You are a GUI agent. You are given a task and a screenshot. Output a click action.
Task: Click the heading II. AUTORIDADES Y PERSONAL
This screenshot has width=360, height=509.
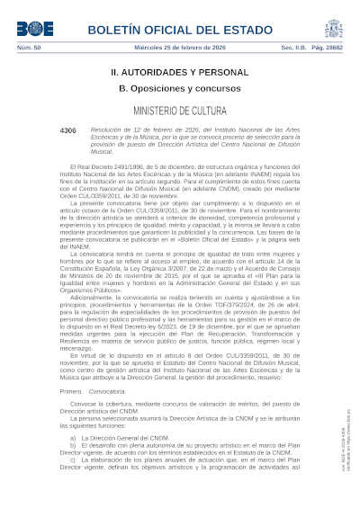click(x=179, y=70)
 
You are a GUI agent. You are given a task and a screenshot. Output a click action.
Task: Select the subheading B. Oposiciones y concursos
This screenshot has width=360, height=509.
click(x=179, y=87)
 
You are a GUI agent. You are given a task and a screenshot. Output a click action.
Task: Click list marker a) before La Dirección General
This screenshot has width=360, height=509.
click(x=73, y=437)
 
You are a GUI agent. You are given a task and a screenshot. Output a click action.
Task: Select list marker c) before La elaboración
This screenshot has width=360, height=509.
click(x=73, y=460)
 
